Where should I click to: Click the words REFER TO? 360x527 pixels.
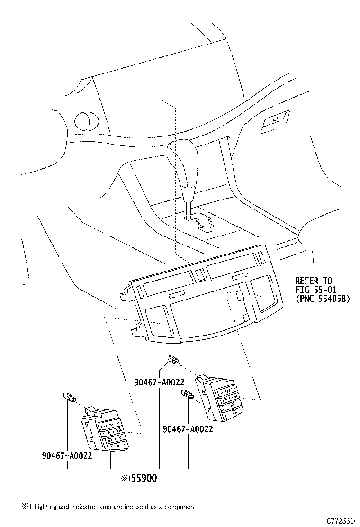click(314, 281)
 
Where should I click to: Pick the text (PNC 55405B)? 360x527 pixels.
click(322, 299)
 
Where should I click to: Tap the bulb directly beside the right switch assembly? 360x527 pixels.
click(186, 394)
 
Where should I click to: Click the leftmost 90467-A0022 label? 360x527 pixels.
click(66, 455)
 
